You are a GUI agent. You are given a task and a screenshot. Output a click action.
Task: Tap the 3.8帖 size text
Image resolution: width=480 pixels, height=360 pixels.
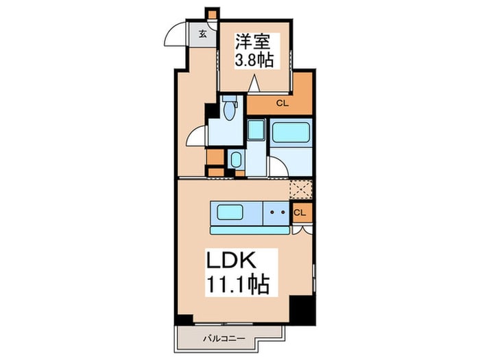pyautogui.click(x=254, y=60)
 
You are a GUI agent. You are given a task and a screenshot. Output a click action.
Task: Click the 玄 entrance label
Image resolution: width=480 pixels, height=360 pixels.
pyautogui.click(x=203, y=33)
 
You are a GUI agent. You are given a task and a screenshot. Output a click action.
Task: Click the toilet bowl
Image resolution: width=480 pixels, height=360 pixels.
pyautogui.click(x=228, y=110)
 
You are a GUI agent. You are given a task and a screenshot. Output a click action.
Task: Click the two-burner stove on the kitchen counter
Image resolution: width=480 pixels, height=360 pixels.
pyautogui.click(x=277, y=213)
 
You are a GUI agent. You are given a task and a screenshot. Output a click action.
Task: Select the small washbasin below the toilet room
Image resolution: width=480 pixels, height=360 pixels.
pyautogui.click(x=235, y=160)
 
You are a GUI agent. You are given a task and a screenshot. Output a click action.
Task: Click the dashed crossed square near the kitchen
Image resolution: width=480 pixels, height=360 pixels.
pyautogui.click(x=301, y=189)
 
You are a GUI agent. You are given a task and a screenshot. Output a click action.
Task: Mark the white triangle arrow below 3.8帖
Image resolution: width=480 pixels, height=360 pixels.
pyautogui.click(x=254, y=85)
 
